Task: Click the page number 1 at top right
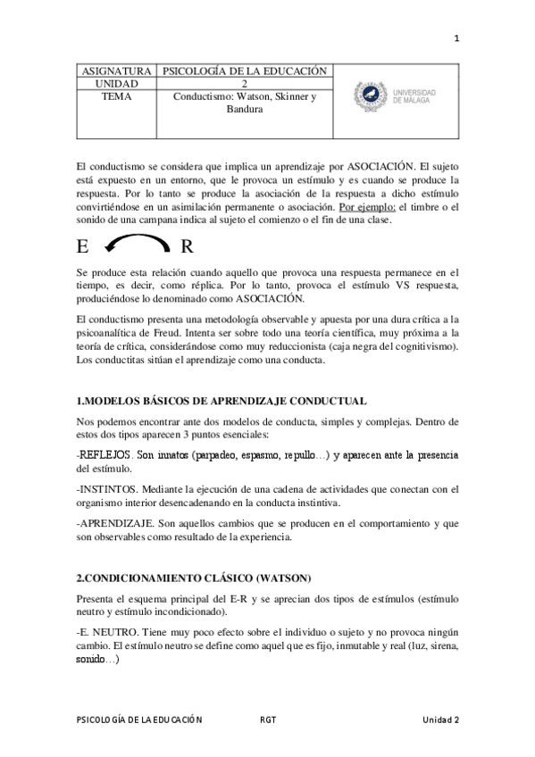click(x=456, y=38)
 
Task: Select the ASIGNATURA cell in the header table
click(x=116, y=71)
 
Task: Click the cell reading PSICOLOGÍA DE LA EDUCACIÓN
click(x=245, y=71)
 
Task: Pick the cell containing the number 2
click(x=245, y=84)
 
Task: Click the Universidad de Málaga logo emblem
click(x=368, y=93)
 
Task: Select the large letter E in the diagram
click(x=83, y=245)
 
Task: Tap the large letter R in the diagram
click(x=187, y=245)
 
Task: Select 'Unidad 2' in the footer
click(x=440, y=720)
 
